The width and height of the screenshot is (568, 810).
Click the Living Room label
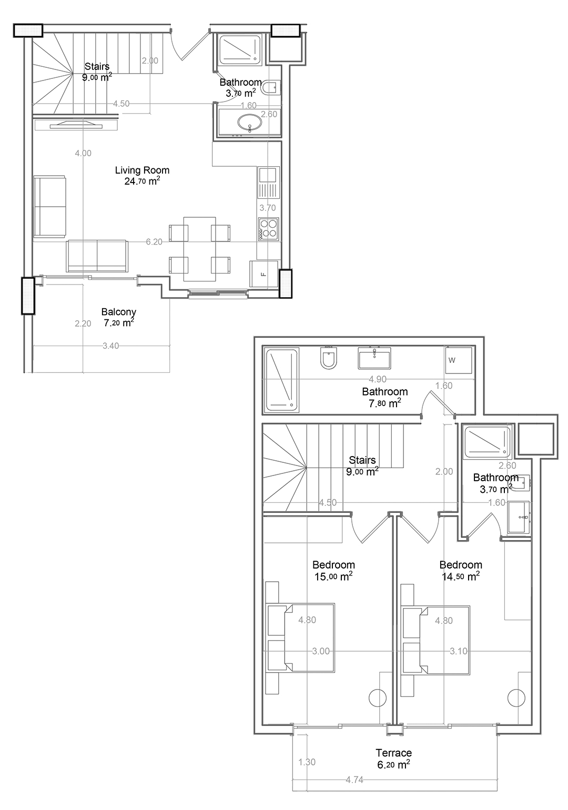142,170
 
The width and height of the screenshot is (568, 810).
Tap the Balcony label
118,311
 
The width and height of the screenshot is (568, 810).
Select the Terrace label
393,753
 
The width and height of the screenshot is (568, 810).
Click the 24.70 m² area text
142,181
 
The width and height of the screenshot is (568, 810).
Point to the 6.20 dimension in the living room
154,241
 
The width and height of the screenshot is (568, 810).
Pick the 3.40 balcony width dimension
110,346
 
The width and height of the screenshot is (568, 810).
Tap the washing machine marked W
459,360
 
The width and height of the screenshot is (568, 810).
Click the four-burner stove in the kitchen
268,229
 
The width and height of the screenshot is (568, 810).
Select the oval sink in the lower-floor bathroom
250,122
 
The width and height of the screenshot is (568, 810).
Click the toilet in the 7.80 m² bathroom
328,358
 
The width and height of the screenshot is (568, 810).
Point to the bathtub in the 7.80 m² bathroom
282,380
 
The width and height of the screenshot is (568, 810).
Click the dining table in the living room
199,249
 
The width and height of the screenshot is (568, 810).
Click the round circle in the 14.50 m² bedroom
516,697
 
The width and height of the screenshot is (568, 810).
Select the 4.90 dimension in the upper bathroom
378,379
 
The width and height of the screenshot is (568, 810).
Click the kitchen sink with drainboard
268,182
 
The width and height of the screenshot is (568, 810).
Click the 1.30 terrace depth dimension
307,762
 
